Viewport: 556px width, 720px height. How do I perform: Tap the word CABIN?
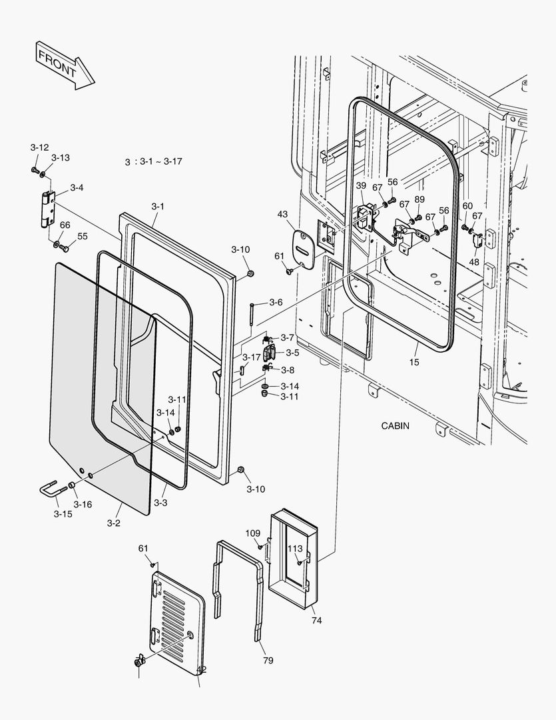396,425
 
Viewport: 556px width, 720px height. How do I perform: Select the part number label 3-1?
157,207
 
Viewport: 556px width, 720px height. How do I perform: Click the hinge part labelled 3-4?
47,208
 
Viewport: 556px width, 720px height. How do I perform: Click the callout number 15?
415,362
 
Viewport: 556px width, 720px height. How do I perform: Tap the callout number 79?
268,661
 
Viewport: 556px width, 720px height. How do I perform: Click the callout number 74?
316,620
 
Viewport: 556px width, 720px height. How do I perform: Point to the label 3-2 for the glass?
113,523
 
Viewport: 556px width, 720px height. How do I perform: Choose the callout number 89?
419,199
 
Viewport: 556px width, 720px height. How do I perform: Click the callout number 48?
473,262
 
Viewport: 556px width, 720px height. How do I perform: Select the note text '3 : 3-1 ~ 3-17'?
154,162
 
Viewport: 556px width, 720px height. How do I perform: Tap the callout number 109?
252,533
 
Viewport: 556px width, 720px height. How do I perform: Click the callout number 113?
294,549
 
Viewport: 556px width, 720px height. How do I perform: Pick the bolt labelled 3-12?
34,171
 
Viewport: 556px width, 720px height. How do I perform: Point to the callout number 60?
467,206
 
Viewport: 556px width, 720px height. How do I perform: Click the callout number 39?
360,185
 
